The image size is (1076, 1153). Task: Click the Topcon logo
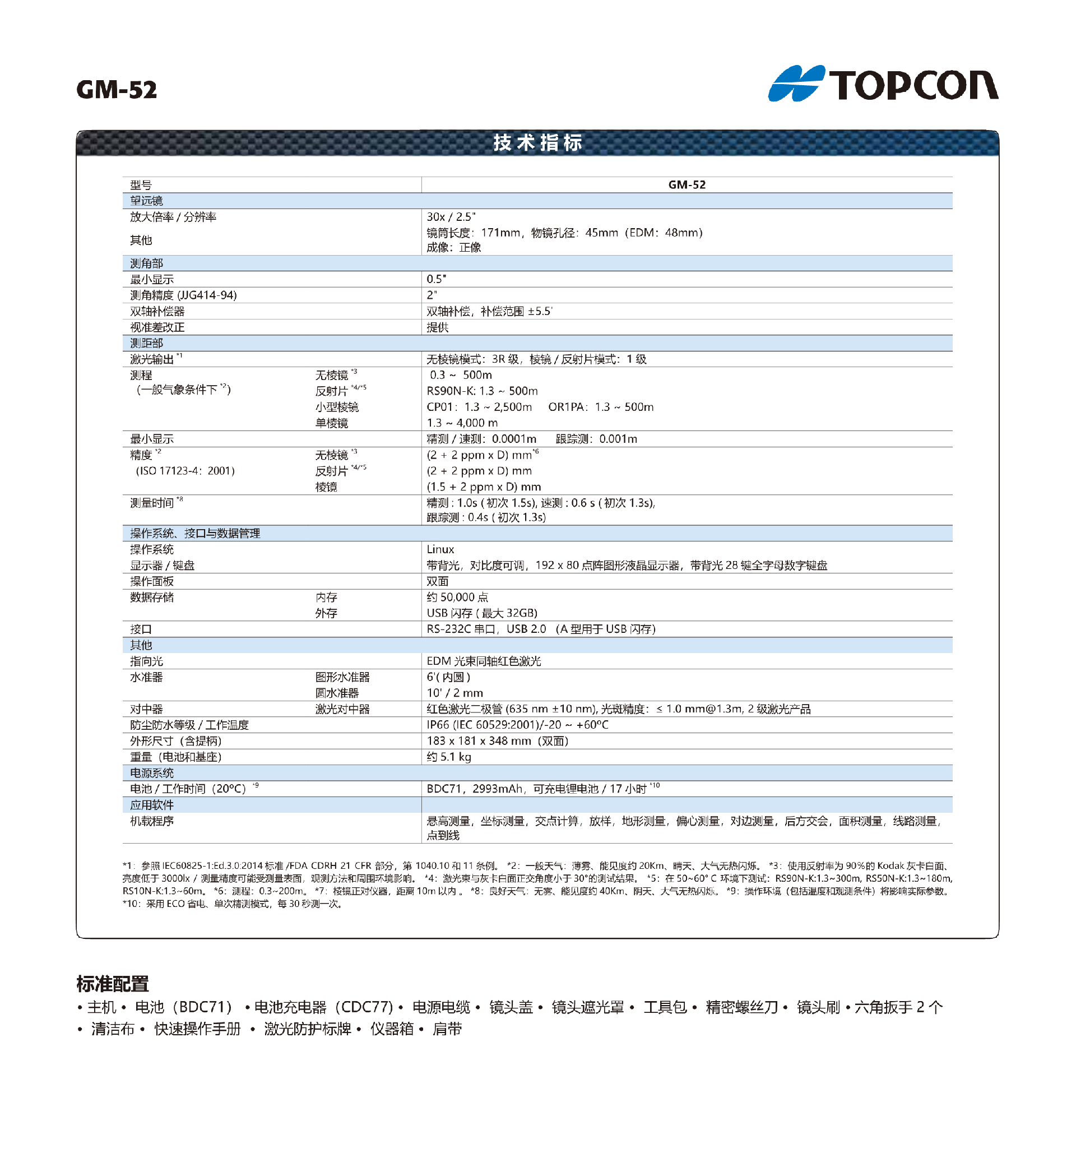point(882,84)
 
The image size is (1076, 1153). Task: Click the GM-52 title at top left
point(117,90)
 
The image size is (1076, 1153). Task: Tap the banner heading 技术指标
point(537,143)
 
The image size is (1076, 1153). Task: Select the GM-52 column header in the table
point(687,185)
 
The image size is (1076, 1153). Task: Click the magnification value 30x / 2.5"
point(451,217)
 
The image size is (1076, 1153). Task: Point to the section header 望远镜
point(146,201)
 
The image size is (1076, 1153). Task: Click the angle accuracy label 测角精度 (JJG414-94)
point(183,295)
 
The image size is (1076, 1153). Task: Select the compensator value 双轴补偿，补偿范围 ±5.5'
point(489,312)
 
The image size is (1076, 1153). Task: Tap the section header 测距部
point(146,344)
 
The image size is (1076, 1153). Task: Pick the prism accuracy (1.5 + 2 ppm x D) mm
point(484,487)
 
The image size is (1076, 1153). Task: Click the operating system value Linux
point(440,549)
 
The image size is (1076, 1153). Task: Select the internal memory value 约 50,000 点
point(457,598)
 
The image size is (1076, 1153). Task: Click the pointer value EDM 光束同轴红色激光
point(484,661)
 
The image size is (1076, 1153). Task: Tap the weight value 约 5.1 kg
point(449,757)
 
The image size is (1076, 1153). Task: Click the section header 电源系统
point(151,773)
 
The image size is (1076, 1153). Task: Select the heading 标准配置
point(113,984)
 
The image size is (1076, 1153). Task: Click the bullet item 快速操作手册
point(197,1030)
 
